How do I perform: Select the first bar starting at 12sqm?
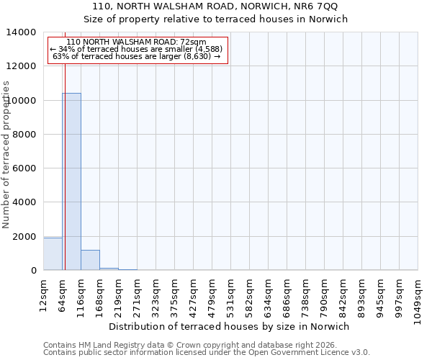(53, 253)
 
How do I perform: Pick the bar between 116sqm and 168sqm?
(90, 260)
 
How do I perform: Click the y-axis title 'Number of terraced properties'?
(6, 155)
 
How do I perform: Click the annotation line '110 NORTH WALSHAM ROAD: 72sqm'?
(136, 42)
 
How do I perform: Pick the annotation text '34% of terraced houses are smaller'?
(136, 49)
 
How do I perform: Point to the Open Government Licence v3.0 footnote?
(207, 352)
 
